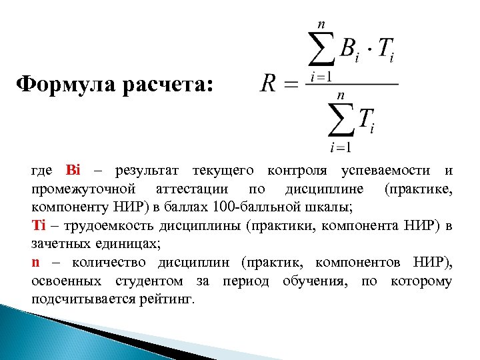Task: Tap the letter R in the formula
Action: tap(269, 84)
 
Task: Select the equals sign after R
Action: tap(292, 85)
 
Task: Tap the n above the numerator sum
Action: tap(321, 23)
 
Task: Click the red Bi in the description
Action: tap(73, 171)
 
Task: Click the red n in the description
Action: tap(35, 262)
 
